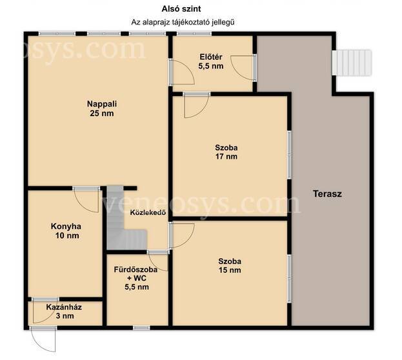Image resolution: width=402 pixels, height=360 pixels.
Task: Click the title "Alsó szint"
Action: point(181,9)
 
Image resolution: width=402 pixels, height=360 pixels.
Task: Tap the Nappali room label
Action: point(102,104)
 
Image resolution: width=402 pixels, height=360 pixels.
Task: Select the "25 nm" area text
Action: point(102,113)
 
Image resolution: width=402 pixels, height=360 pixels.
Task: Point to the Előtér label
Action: point(211,57)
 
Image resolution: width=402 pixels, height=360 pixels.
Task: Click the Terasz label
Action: point(327,194)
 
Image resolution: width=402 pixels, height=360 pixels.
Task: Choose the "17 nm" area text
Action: point(226,156)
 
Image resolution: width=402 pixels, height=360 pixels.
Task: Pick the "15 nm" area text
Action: point(230,270)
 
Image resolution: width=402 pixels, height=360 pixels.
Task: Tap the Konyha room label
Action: point(66,226)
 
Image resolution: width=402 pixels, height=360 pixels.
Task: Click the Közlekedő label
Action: point(148,212)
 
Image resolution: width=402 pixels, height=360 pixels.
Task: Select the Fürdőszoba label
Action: point(136,270)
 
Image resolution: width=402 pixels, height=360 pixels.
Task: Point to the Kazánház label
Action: point(64,307)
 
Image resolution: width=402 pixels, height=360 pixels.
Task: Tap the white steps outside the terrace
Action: point(352,63)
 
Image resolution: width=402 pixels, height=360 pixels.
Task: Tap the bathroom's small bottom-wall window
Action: point(141,328)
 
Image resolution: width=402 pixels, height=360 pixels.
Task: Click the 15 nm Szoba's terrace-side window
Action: point(289,279)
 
